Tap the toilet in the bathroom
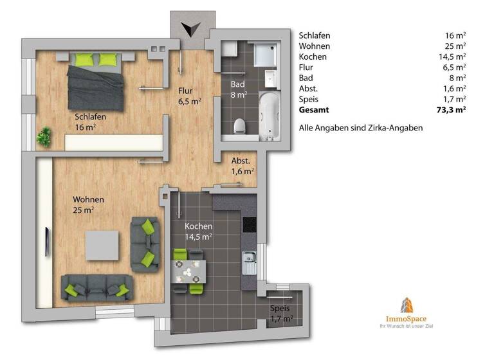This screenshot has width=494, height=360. coord(239,125)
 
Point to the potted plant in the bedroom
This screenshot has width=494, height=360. coord(45,136)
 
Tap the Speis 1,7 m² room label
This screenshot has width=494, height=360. coord(281,312)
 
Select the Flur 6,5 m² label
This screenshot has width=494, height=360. coord(190,96)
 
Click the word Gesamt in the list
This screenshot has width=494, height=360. coord(315,110)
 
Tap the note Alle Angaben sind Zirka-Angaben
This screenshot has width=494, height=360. coord(360,128)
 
